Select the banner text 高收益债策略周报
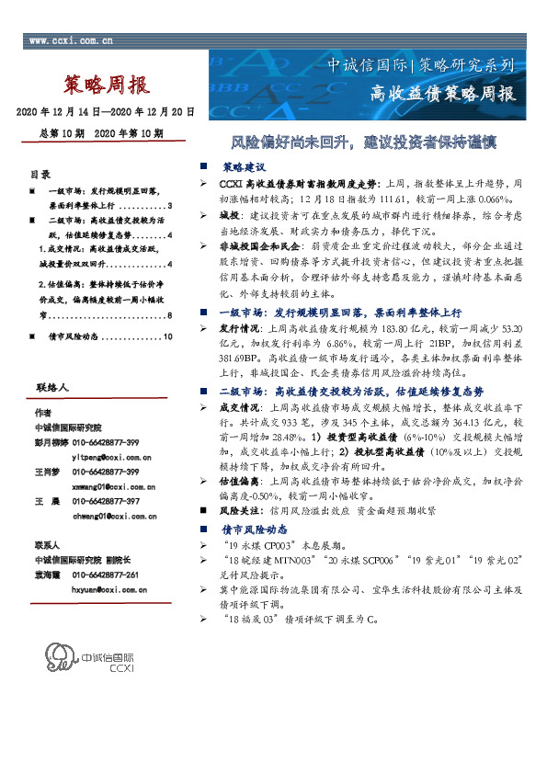pyautogui.click(x=442, y=93)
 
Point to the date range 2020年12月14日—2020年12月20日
pyautogui.click(x=106, y=112)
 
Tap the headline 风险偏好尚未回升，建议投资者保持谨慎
pyautogui.click(x=363, y=144)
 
